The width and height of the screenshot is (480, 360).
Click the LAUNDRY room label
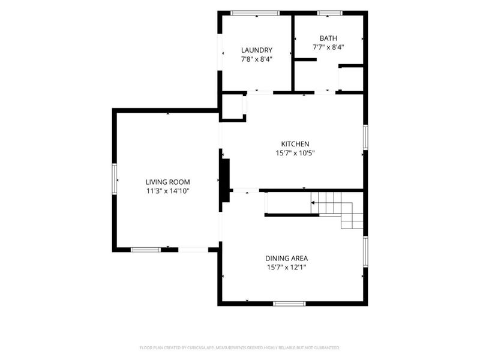(x=257, y=50)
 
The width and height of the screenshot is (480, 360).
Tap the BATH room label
(x=328, y=38)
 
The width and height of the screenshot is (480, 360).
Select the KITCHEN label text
(x=295, y=144)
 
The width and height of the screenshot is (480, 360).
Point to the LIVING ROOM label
(x=168, y=182)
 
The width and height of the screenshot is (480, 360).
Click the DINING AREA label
(x=287, y=259)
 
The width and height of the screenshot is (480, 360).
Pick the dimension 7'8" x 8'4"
(x=257, y=59)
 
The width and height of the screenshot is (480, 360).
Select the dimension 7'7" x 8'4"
(x=328, y=47)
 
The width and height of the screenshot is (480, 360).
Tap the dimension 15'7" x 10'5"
(x=295, y=153)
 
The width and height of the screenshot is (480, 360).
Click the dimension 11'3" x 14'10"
(x=168, y=191)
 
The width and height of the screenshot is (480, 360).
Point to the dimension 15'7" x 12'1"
(x=287, y=267)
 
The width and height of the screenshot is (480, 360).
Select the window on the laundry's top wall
(x=255, y=13)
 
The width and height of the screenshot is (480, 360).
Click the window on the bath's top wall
(x=329, y=13)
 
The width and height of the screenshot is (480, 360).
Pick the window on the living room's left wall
(x=115, y=179)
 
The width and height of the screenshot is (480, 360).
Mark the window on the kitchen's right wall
(x=365, y=137)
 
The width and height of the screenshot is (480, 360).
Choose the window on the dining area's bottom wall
(x=289, y=304)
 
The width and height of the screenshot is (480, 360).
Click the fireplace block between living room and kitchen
(x=226, y=181)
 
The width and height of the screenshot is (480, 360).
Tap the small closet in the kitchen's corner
(x=233, y=107)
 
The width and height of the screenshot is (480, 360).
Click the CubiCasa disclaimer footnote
(x=239, y=348)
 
